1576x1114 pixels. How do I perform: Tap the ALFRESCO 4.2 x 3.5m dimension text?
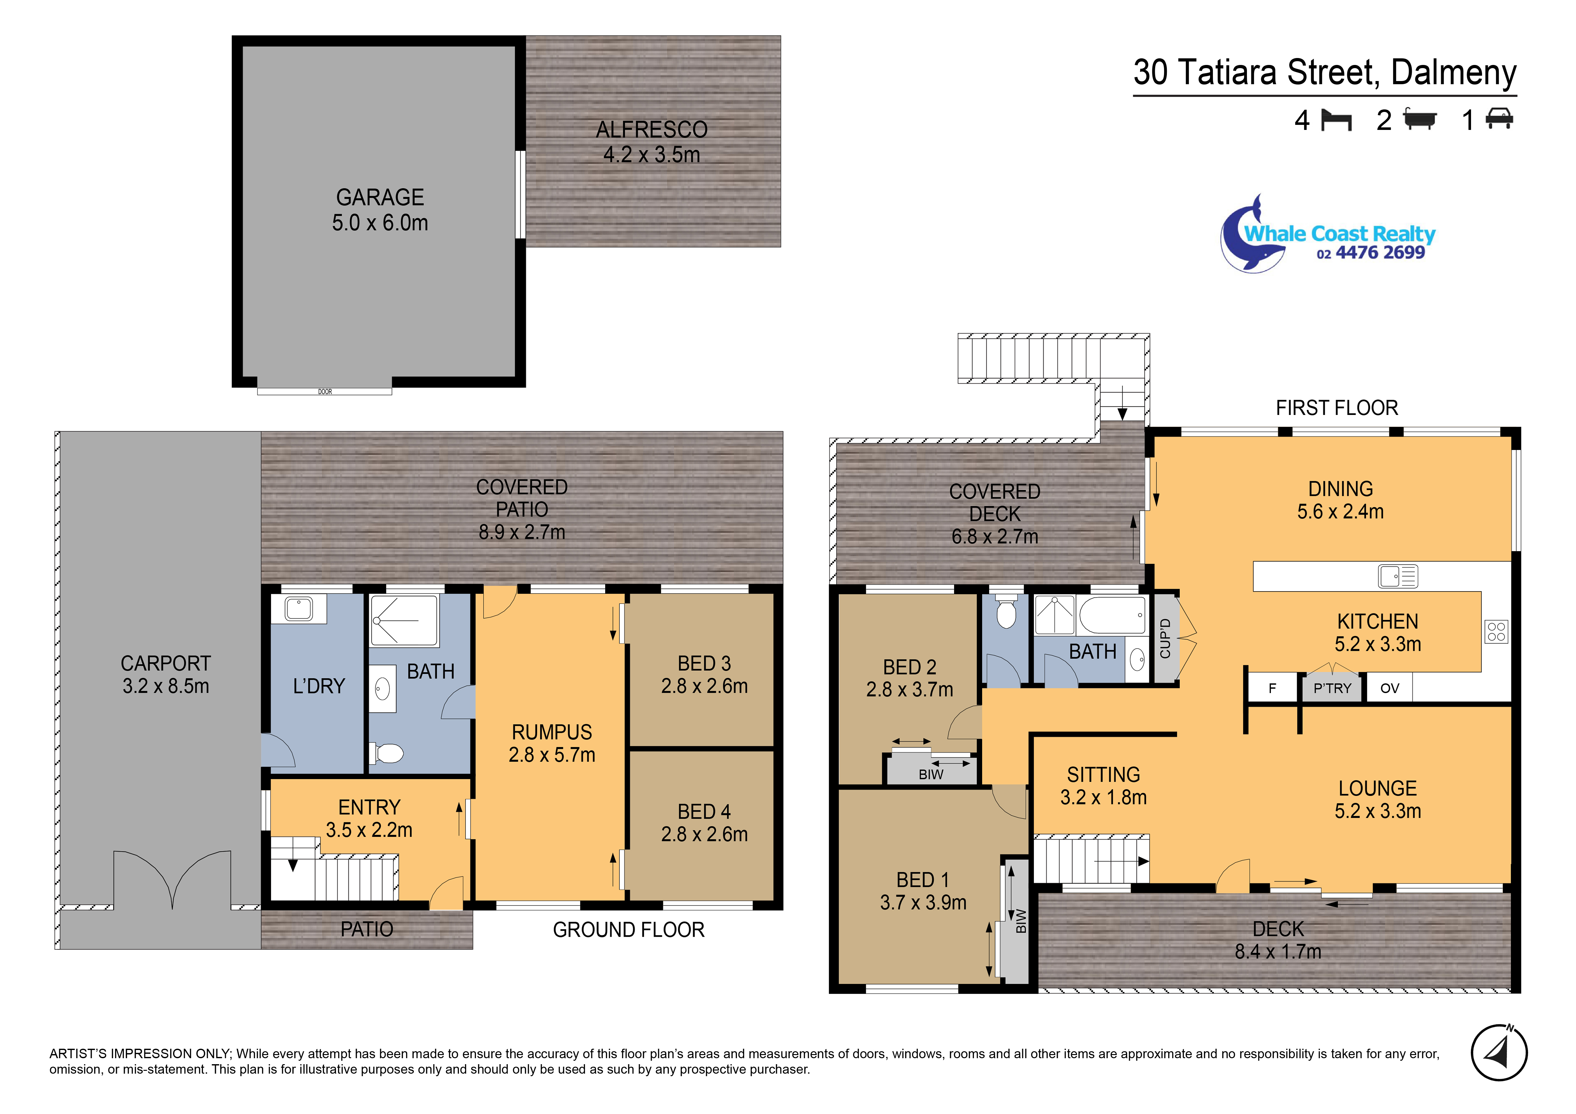point(652,155)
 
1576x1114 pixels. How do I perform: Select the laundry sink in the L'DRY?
point(298,609)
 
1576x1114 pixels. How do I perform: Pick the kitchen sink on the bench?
point(1398,576)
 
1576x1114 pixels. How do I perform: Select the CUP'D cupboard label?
point(1165,639)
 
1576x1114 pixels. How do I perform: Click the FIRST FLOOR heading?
point(1336,408)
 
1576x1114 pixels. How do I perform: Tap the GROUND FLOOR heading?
point(629,930)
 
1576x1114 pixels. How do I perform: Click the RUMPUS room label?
point(552,732)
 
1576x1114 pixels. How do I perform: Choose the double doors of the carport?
point(172,879)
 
